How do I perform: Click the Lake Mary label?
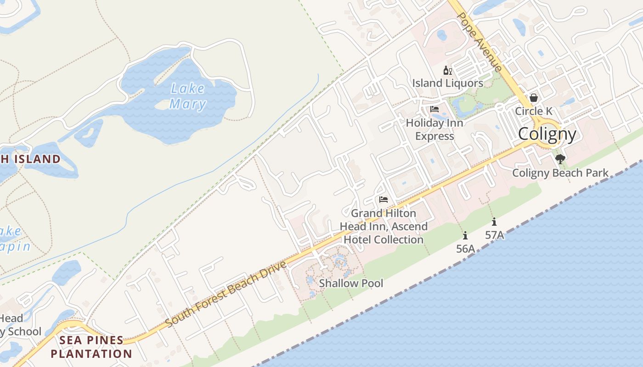pyautogui.click(x=188, y=96)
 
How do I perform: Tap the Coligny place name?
pyautogui.click(x=547, y=134)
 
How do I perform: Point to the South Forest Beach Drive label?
pyautogui.click(x=226, y=294)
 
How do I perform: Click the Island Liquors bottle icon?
pyautogui.click(x=447, y=71)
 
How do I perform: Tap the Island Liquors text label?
pyautogui.click(x=447, y=83)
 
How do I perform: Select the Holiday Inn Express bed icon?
pyautogui.click(x=434, y=109)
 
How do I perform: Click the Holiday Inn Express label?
pyautogui.click(x=434, y=129)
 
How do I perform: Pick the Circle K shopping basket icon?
pyautogui.click(x=534, y=98)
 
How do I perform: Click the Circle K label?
pyautogui.click(x=534, y=111)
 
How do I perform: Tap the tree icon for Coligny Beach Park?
pyautogui.click(x=560, y=159)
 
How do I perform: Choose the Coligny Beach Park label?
pyautogui.click(x=560, y=173)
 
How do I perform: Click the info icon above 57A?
pyautogui.click(x=494, y=222)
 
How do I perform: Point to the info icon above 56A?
pyautogui.click(x=465, y=235)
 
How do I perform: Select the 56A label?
pyautogui.click(x=465, y=249)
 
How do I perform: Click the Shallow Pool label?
pyautogui.click(x=351, y=283)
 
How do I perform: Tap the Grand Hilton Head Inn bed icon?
pyautogui.click(x=384, y=200)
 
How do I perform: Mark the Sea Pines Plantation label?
pyautogui.click(x=91, y=347)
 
